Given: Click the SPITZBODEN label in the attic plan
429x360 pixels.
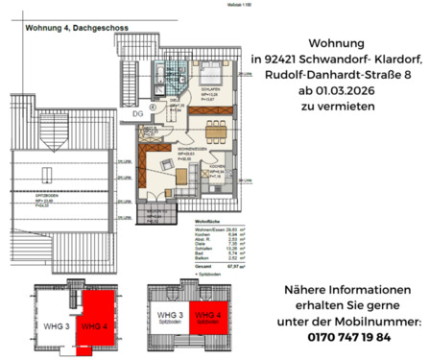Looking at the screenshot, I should pyautogui.click(x=44, y=200).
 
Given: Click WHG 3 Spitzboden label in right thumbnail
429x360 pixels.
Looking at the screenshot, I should pyautogui.click(x=170, y=317).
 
